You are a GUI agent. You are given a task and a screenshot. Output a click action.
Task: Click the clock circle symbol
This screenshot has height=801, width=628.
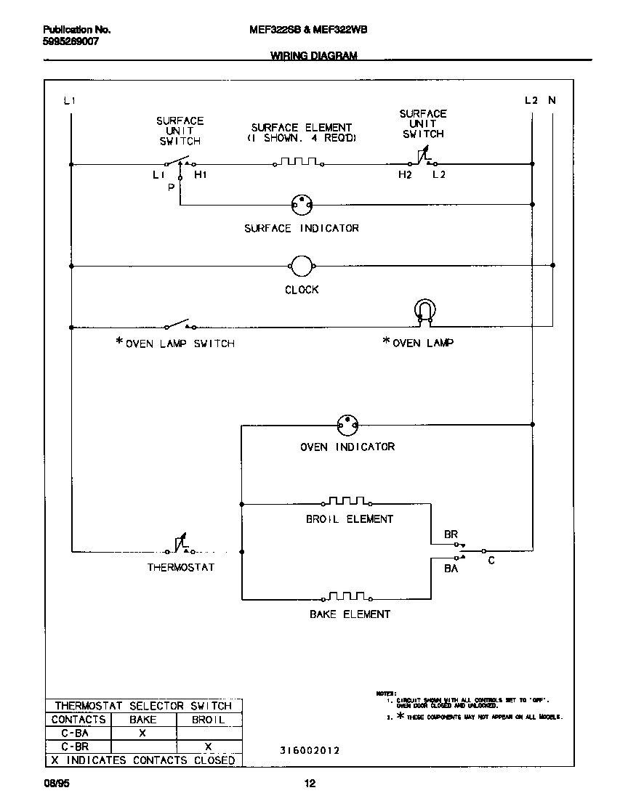click(302, 267)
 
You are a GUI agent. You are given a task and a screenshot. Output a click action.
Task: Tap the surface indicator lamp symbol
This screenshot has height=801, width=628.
click(301, 206)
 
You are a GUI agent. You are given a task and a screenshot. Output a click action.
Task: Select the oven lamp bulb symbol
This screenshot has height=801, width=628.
click(424, 311)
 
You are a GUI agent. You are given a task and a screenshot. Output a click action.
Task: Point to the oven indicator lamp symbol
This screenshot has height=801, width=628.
click(348, 425)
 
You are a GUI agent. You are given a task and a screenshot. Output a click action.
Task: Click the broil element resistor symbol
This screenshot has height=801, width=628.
click(347, 501)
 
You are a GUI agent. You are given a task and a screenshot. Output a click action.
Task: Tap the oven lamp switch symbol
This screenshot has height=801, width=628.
click(179, 325)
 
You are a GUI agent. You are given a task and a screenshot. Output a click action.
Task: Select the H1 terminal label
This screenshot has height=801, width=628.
click(200, 176)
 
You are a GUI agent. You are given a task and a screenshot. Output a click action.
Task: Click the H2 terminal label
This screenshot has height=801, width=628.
click(404, 176)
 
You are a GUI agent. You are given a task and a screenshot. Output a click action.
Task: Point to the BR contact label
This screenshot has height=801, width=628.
click(451, 534)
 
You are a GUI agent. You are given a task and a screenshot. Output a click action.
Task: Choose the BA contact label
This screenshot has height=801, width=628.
click(451, 569)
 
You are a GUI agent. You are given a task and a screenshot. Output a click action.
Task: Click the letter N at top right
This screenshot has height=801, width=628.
click(552, 100)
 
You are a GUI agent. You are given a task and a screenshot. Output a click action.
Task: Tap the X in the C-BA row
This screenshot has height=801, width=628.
click(142, 733)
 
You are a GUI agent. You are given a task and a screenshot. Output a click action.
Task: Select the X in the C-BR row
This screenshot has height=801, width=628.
click(208, 747)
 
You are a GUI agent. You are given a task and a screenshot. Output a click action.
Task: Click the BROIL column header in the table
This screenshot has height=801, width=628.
click(208, 720)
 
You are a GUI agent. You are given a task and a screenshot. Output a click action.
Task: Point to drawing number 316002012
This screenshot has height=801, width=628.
click(310, 751)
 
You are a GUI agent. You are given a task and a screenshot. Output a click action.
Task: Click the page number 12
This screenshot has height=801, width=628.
click(310, 784)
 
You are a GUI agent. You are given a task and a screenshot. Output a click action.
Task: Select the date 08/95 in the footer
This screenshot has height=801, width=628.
click(56, 784)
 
